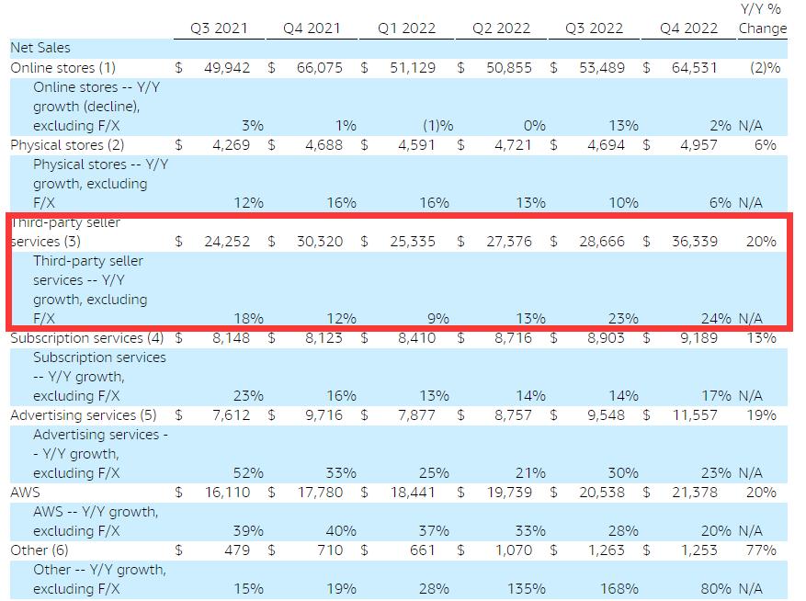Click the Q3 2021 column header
tap(220, 28)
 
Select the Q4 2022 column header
tap(689, 28)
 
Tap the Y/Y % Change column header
tap(762, 18)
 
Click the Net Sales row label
tap(40, 48)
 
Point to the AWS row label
tap(27, 493)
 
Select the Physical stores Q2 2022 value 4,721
tap(513, 144)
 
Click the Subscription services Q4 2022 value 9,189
tap(698, 338)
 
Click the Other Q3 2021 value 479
tap(236, 550)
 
